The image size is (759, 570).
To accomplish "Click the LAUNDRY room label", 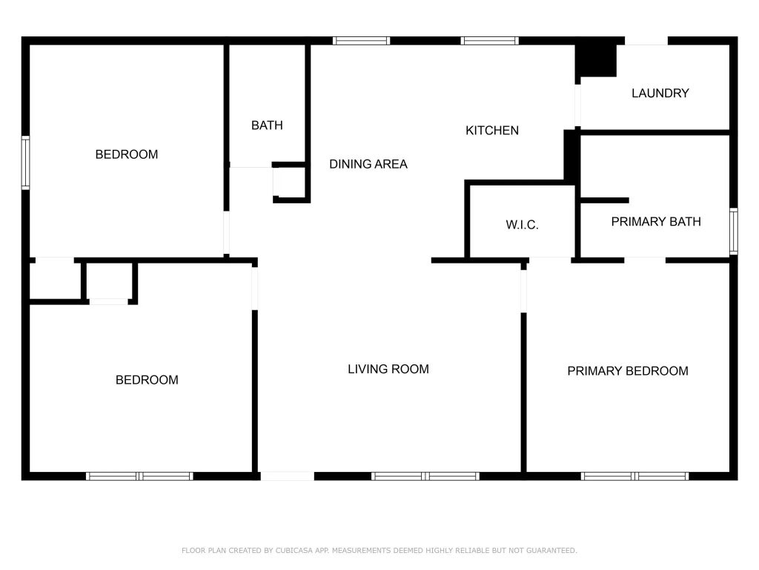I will [x=660, y=94].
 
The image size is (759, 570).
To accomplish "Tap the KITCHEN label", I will [x=491, y=131].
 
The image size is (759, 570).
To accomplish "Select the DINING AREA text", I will [x=368, y=164].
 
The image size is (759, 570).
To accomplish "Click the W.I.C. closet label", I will [x=522, y=225].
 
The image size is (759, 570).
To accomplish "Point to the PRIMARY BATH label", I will [x=655, y=221].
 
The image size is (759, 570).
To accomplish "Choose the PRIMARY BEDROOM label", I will [x=627, y=371].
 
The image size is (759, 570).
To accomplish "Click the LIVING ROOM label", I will [x=388, y=369].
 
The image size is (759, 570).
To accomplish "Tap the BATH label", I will [x=267, y=125].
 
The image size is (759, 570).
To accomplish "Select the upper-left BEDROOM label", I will [x=127, y=154].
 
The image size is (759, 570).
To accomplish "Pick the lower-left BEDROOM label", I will [x=147, y=380].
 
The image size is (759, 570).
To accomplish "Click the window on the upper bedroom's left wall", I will [x=26, y=163].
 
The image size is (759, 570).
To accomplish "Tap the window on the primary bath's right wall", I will [x=733, y=231].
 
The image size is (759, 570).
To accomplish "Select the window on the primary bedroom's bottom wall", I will [x=634, y=476].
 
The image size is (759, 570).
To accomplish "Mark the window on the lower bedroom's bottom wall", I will [x=139, y=476].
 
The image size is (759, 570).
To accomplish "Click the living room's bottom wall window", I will [x=425, y=476].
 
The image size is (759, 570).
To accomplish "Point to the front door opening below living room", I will [x=288, y=476].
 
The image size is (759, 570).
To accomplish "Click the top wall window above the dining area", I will [x=361, y=41].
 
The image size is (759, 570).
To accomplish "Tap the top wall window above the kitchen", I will [x=489, y=41].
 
